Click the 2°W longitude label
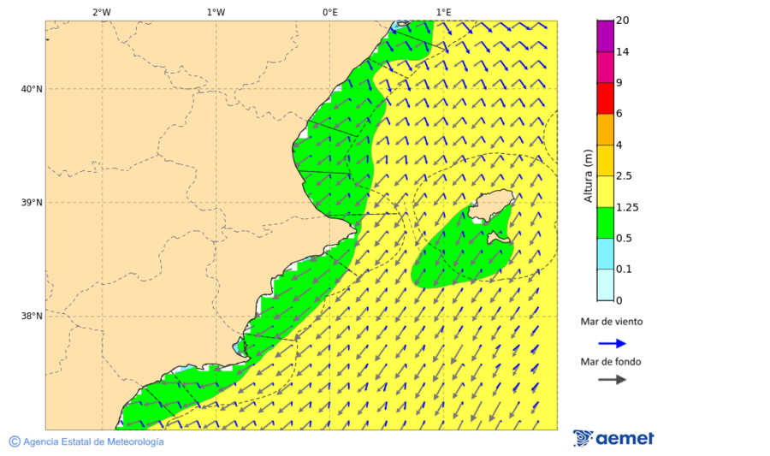[x=101, y=12]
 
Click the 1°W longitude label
[x=216, y=12]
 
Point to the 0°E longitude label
[x=329, y=12]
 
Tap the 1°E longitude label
[x=443, y=12]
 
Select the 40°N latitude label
[x=32, y=89]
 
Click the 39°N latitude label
[x=32, y=203]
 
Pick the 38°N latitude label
[x=32, y=317]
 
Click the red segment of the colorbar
[x=605, y=98]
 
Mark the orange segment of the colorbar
[x=605, y=129]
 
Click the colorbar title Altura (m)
[x=588, y=176]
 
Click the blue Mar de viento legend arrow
[x=612, y=343]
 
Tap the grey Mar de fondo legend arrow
[x=612, y=379]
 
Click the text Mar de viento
[x=612, y=323]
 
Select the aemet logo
[x=613, y=438]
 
